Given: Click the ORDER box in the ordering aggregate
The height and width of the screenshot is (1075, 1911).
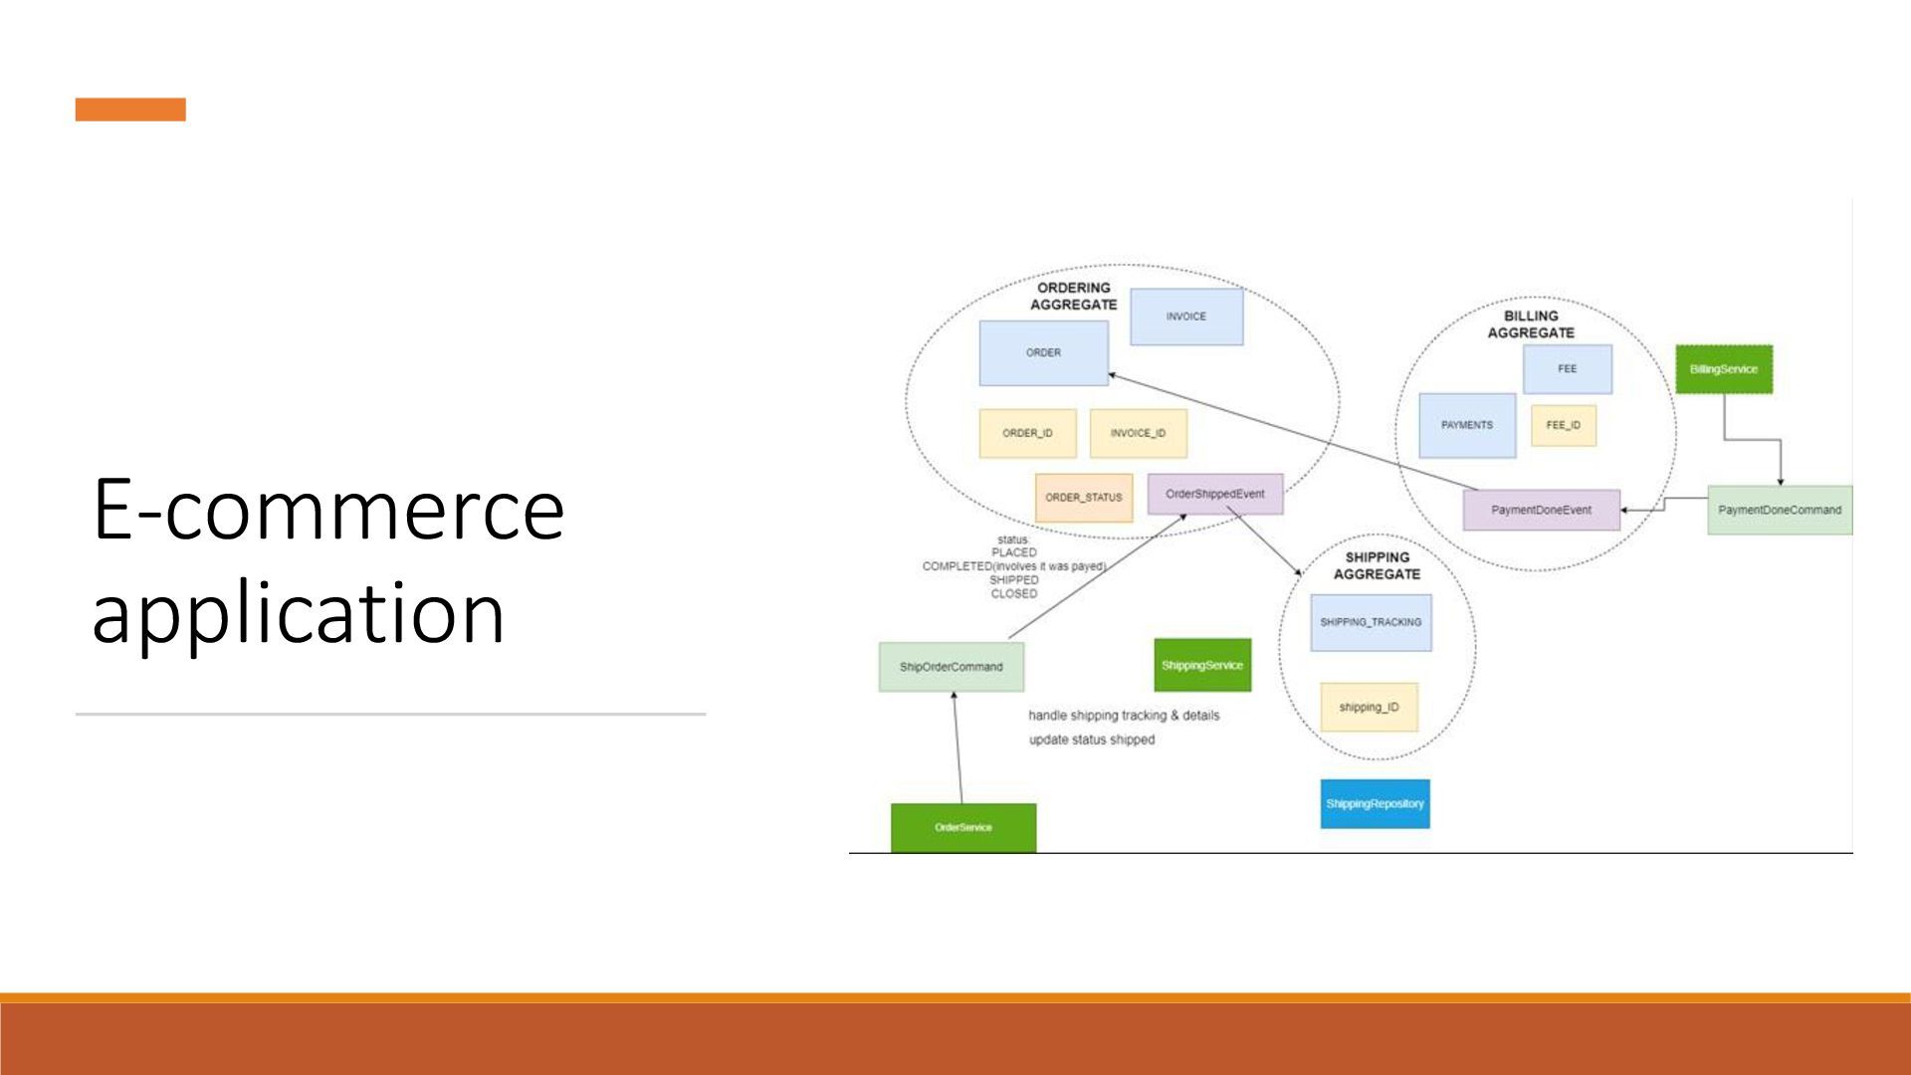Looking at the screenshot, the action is point(1043,352).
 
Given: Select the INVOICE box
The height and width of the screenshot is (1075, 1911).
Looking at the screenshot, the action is point(1186,317).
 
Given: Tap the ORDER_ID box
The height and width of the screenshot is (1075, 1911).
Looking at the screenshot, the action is point(1027,433).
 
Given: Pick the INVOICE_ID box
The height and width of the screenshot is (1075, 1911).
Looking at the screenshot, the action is point(1138,433).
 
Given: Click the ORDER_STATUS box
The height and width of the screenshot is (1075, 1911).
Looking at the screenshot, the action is point(1083,498).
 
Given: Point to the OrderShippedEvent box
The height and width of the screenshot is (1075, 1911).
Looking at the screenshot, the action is point(1214,494).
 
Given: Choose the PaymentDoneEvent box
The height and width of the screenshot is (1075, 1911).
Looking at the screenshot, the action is point(1541,510).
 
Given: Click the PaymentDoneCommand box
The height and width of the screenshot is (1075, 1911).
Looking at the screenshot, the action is point(1780,510).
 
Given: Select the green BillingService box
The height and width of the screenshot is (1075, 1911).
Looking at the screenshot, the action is point(1724,369).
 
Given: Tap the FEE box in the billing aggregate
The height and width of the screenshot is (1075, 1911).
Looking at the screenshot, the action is point(1567,369).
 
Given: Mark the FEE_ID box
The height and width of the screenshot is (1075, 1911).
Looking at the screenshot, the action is point(1563,425).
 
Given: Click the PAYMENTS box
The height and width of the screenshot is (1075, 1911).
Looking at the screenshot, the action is point(1467,425).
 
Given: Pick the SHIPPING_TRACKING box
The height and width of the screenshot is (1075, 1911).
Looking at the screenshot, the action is point(1371,622).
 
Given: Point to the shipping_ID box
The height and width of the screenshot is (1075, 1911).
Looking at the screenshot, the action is point(1369,707).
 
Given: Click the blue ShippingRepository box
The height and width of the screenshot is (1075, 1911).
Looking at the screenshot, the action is point(1375,803).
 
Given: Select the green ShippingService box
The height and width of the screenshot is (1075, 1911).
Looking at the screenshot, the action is point(1202,665).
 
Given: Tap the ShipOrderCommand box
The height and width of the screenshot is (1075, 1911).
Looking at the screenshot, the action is point(951,667).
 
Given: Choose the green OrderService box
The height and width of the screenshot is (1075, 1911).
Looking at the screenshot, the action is point(962,827).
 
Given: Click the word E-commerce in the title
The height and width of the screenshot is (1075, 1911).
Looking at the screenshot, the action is point(328,509).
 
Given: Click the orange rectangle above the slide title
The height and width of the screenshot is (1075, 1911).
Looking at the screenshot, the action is point(130,109).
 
